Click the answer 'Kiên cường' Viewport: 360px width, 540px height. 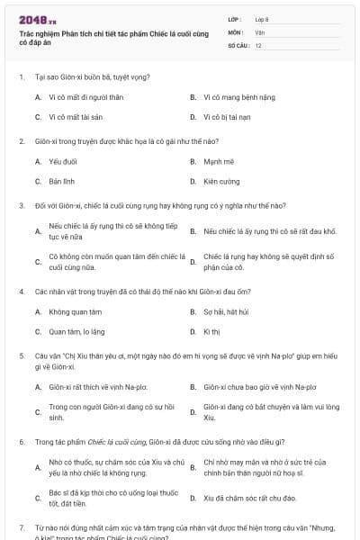click(x=221, y=181)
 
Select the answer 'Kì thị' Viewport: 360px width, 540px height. click(x=211, y=331)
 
